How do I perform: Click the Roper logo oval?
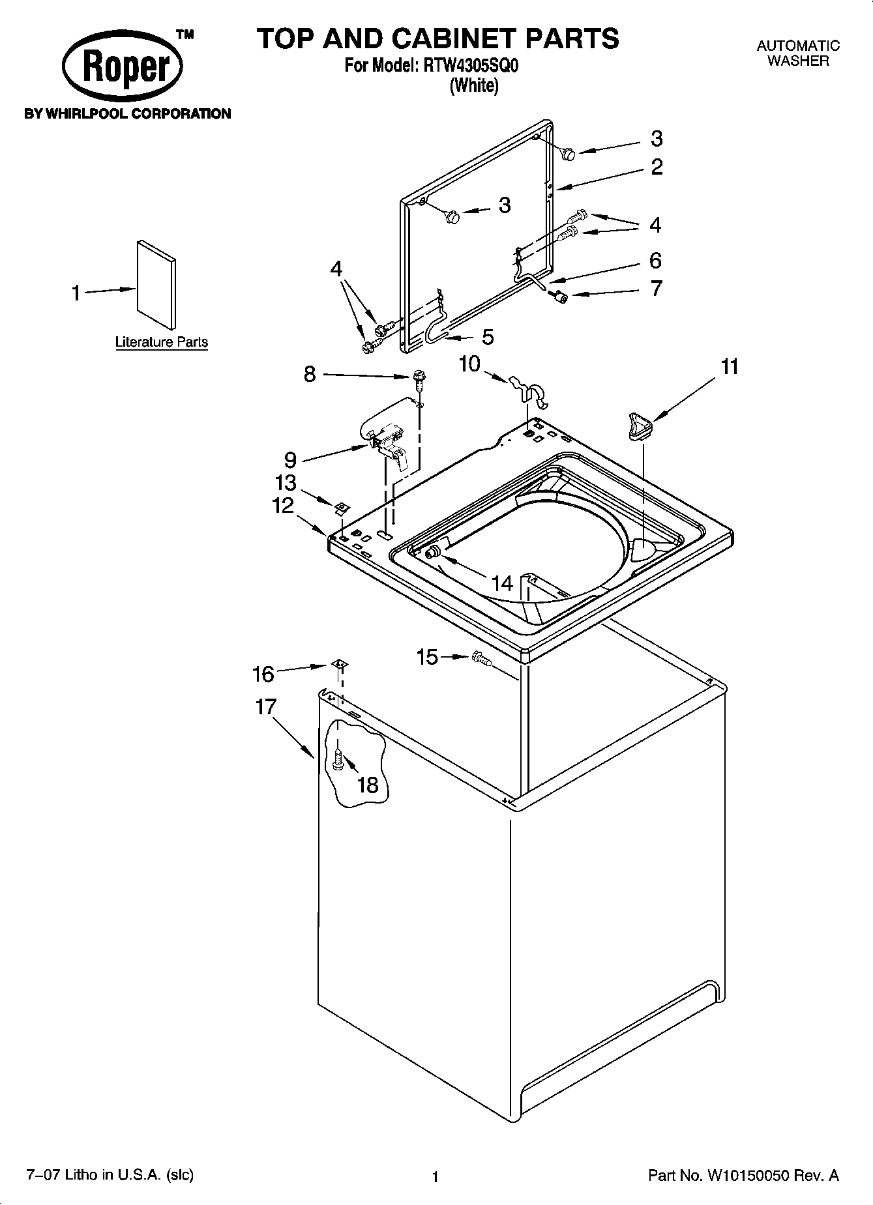[x=122, y=67]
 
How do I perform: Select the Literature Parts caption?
[x=162, y=342]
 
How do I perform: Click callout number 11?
[x=730, y=367]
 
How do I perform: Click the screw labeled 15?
[x=481, y=660]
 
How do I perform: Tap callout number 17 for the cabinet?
[x=265, y=707]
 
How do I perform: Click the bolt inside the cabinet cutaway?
[x=338, y=758]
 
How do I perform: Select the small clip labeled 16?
[x=338, y=664]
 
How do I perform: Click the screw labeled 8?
[x=419, y=378]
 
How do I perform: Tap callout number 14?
[x=502, y=583]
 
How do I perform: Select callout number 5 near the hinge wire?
[x=487, y=337]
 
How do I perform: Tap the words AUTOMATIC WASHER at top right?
[x=797, y=53]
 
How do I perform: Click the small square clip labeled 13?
[x=340, y=507]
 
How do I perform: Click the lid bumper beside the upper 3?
[x=568, y=153]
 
